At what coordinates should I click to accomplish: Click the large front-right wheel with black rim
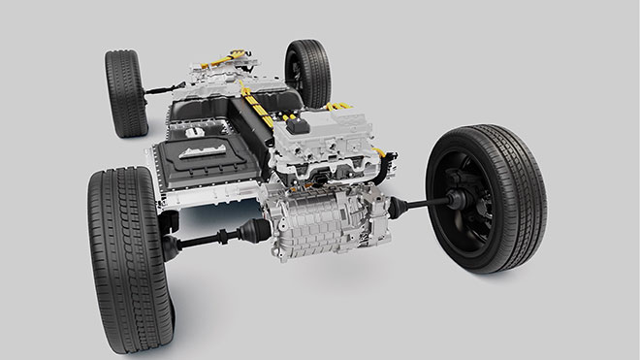tap(485, 199)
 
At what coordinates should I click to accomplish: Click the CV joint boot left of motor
tap(254, 230)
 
